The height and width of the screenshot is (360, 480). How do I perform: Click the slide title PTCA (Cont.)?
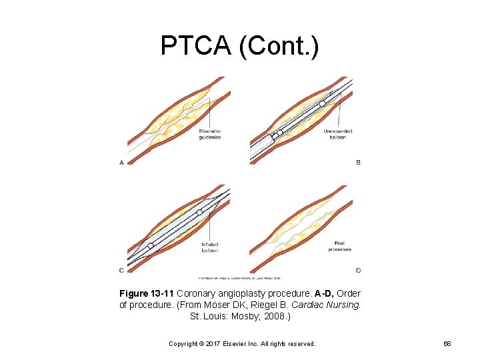pos(240,45)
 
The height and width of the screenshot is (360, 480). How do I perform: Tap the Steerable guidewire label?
pos(209,134)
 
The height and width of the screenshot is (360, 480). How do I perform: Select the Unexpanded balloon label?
pos(338,134)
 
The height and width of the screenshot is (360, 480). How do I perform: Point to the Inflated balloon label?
pos(209,247)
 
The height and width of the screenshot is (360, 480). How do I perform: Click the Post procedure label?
pos(339,246)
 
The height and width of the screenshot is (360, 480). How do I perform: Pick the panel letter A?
pos(121,162)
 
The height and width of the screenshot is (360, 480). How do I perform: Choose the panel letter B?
pos(359,162)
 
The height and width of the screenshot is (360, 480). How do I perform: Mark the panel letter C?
pos(121,270)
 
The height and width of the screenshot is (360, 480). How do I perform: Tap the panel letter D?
pos(359,270)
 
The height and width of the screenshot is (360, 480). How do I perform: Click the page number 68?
pos(447,344)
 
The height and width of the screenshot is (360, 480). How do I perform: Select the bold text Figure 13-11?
pos(146,293)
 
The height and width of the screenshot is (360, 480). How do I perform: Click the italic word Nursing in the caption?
pos(346,305)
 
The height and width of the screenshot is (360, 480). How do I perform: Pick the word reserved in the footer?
pos(301,344)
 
